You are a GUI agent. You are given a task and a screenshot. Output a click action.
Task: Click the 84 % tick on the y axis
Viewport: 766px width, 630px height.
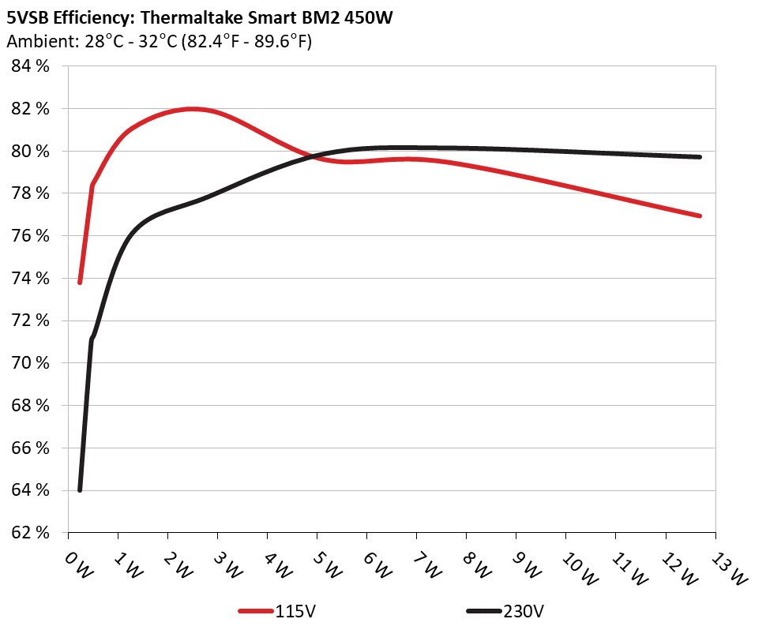point(31,66)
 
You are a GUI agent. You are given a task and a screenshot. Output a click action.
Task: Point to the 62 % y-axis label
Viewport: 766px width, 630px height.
point(31,533)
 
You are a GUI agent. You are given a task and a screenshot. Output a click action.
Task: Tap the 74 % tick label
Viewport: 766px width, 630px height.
point(31,279)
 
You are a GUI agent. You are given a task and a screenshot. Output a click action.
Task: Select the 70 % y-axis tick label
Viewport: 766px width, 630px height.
point(31,363)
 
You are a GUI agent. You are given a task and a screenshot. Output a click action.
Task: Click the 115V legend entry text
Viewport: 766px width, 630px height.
point(297,611)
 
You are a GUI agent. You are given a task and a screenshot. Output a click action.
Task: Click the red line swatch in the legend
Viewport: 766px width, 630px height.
point(257,611)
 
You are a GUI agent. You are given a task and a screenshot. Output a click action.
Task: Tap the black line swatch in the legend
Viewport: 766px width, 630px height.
point(483,611)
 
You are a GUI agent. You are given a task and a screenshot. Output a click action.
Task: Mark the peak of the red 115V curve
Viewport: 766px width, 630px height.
point(193,109)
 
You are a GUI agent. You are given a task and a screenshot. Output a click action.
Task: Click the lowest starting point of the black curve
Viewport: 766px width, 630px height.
point(80,489)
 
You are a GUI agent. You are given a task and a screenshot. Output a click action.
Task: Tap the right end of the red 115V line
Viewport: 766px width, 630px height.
point(700,216)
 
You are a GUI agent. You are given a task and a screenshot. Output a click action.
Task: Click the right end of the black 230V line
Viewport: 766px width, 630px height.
point(700,157)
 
